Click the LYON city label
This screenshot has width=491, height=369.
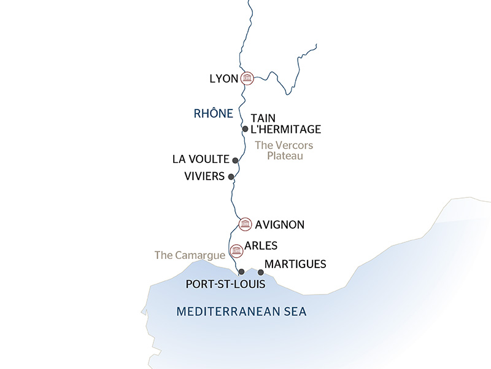223,79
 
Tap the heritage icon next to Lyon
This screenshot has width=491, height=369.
247,78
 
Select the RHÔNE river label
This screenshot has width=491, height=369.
213,113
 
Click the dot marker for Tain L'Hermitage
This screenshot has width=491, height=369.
245,129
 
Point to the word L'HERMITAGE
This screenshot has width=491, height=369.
286,129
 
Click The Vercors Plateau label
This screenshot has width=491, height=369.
284,151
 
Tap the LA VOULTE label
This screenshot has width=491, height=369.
201,159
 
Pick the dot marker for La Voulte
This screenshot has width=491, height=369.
235,160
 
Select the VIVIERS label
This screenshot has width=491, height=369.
204,177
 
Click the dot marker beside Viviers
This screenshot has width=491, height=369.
231,177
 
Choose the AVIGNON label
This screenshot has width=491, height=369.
280,224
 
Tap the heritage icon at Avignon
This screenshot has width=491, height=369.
244,223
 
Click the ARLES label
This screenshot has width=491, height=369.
261,245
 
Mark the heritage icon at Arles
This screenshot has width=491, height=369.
235,250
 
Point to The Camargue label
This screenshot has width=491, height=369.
182,255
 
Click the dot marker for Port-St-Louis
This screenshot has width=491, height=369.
241,272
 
